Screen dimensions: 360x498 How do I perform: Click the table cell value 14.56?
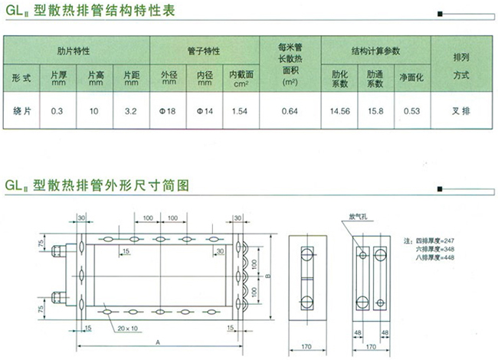point(339,112)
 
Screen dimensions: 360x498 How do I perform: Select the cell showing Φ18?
point(168,112)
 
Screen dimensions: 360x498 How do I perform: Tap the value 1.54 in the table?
point(238,112)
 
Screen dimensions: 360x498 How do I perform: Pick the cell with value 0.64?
point(289,112)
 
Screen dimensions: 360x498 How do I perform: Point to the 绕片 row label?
point(22,112)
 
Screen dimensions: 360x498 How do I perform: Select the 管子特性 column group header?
point(203,51)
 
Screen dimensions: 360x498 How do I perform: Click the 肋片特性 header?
point(74,51)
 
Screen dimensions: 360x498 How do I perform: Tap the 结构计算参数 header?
point(375,51)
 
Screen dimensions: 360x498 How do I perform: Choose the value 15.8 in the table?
point(375,112)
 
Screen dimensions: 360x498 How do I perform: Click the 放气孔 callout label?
point(358,216)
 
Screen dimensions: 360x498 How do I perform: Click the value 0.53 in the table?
point(411,112)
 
